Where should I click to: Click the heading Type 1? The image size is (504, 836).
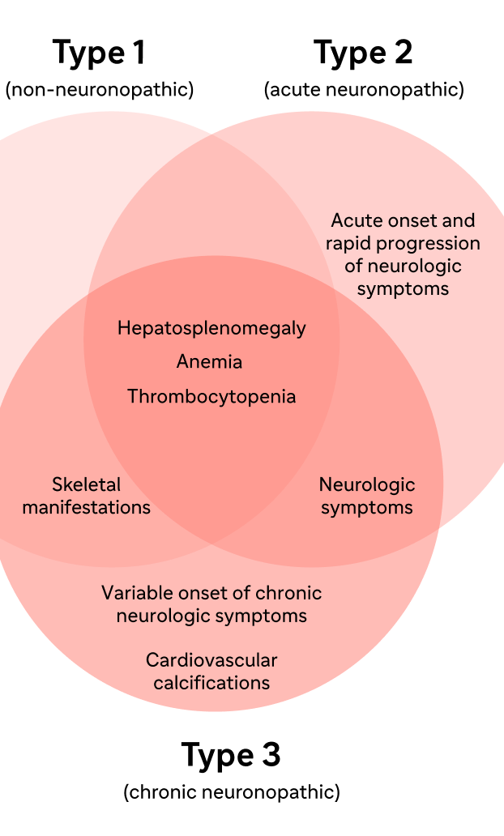coord(99,53)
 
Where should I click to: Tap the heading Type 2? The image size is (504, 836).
coord(363,53)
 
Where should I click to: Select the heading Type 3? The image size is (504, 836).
coord(231,756)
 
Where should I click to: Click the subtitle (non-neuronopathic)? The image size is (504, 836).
coord(100,89)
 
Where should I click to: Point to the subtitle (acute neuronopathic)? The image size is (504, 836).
coord(365,89)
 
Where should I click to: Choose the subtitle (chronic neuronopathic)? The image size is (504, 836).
coord(232,791)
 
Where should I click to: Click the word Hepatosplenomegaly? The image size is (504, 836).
coord(211,328)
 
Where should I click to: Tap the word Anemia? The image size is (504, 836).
coord(209,361)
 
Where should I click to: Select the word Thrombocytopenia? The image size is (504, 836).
coord(211,397)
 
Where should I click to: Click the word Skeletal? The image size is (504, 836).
coord(87,484)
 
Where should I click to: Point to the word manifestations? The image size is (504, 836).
coord(87,507)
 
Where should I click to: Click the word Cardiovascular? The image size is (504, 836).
coord(211,660)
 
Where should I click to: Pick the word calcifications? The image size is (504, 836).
coord(211,683)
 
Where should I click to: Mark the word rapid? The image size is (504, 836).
coord(347,244)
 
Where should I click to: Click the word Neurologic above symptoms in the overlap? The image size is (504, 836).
coord(367,485)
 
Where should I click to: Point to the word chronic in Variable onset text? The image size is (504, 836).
coord(288,593)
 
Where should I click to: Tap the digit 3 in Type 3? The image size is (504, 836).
coord(271,755)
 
